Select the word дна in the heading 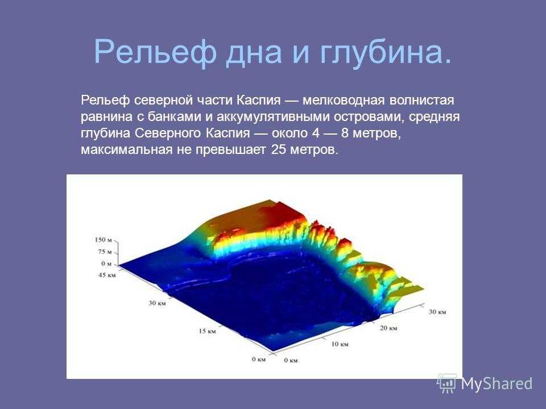[253, 53]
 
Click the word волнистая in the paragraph [421, 100]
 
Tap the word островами [369, 117]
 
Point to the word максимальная [127, 150]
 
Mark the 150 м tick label [104, 240]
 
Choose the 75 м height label [105, 252]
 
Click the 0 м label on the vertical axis [106, 264]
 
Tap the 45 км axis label [107, 275]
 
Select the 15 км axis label [207, 331]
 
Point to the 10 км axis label [340, 344]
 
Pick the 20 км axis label [388, 328]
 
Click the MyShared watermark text [497, 384]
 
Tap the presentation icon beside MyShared [448, 383]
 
